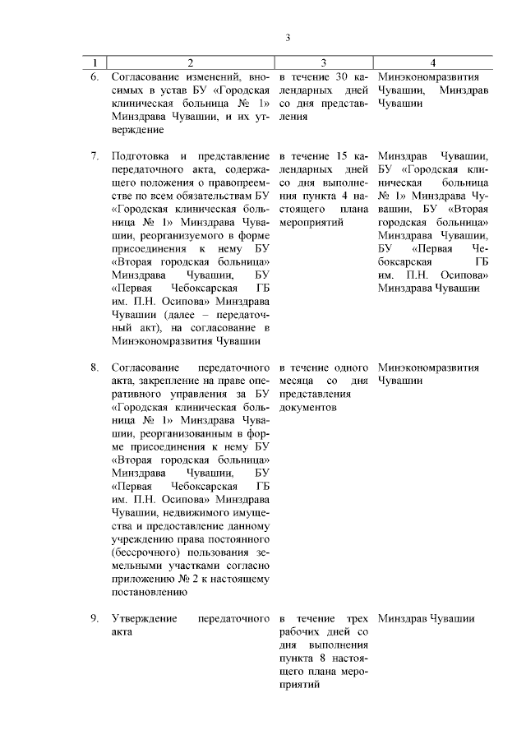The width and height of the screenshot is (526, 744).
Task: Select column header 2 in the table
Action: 191,62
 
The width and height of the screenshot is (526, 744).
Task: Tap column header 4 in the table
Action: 433,62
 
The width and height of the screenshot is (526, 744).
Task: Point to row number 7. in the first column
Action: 95,155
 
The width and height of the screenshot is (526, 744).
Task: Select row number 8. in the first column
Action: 95,367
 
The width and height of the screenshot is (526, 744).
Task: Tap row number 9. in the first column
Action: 95,617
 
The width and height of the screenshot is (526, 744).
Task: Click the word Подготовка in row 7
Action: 141,155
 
